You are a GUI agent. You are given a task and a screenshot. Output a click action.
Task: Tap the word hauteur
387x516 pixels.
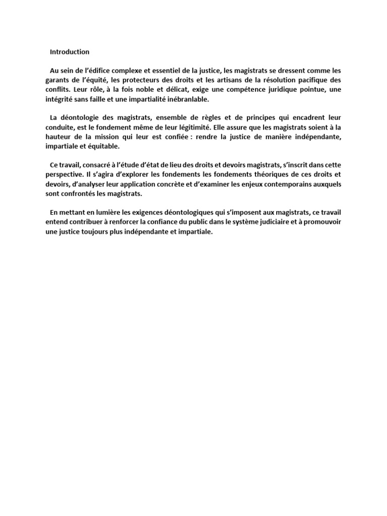coord(58,138)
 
